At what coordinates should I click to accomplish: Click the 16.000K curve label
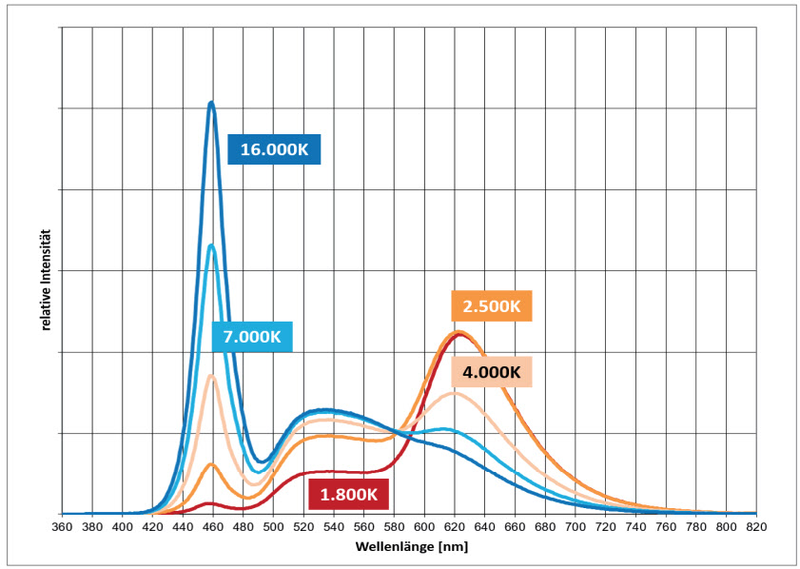(275, 150)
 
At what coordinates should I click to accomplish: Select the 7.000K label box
(252, 337)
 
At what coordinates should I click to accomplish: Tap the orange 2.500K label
(491, 306)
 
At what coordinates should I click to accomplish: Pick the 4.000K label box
(491, 371)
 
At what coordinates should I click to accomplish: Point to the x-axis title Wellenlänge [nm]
(412, 547)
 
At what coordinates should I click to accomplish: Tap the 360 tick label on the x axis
(62, 526)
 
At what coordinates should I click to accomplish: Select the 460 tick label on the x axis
(213, 526)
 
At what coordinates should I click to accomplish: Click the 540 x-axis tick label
(334, 526)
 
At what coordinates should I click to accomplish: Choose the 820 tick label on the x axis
(757, 526)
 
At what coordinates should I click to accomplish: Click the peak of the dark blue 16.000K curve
(211, 103)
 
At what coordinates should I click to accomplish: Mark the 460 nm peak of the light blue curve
(211, 245)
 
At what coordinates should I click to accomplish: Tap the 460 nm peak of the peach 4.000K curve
(211, 376)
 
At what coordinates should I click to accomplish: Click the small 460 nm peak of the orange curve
(212, 464)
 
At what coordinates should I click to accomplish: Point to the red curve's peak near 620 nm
(460, 334)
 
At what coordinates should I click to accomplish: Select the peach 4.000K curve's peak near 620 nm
(455, 392)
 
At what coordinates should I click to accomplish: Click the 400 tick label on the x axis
(123, 526)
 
